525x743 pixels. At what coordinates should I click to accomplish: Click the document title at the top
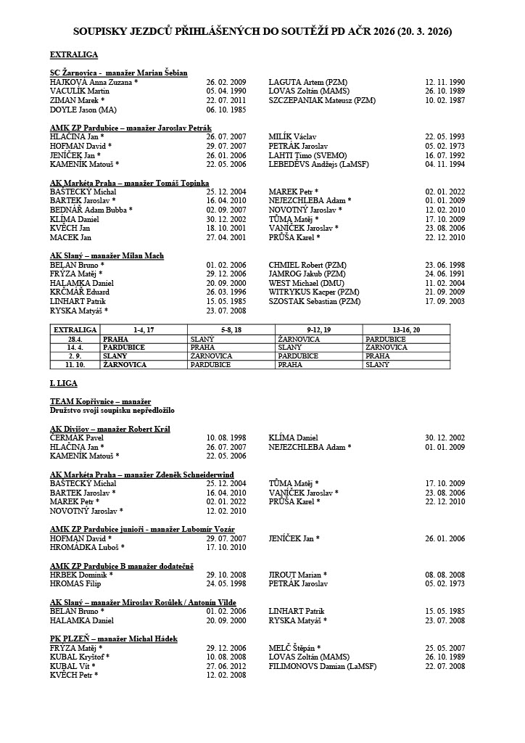coord(262,32)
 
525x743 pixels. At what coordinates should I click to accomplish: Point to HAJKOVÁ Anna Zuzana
coord(94,83)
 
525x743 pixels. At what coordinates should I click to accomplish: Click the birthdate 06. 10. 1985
coord(226,110)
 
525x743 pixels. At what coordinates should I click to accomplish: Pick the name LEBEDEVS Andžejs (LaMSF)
coord(317,165)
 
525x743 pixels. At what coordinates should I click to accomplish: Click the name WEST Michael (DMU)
coord(305,283)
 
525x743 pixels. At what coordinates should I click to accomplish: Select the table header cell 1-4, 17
coord(144,329)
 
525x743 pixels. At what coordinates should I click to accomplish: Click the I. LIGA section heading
coord(63,383)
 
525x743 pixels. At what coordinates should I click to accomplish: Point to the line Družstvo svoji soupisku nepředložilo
coord(112,411)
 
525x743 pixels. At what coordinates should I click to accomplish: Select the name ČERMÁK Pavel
coord(77,438)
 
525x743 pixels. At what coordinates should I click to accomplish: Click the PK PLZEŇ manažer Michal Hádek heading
coord(114,639)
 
